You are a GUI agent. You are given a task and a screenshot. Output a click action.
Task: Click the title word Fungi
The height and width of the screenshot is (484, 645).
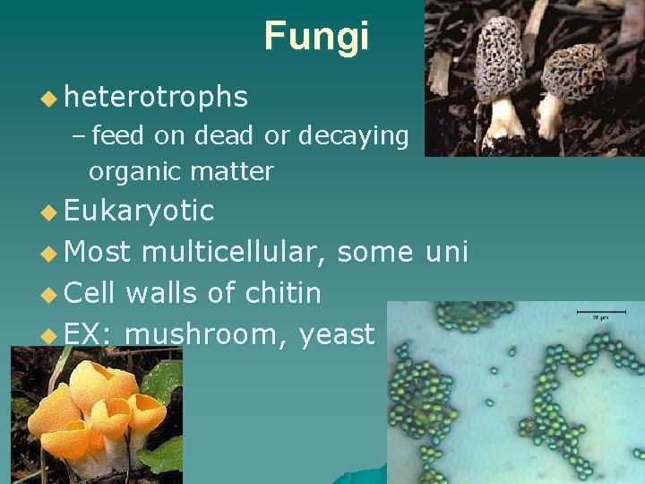[x=316, y=37]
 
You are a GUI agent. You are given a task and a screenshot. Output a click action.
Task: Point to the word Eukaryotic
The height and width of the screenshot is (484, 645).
[x=139, y=211]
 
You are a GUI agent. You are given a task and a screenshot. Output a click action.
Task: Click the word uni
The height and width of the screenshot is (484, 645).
[x=447, y=252]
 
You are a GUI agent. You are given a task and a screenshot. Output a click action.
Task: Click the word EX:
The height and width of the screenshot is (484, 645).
[x=87, y=334]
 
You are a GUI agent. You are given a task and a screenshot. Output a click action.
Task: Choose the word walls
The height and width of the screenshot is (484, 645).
[x=168, y=293]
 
